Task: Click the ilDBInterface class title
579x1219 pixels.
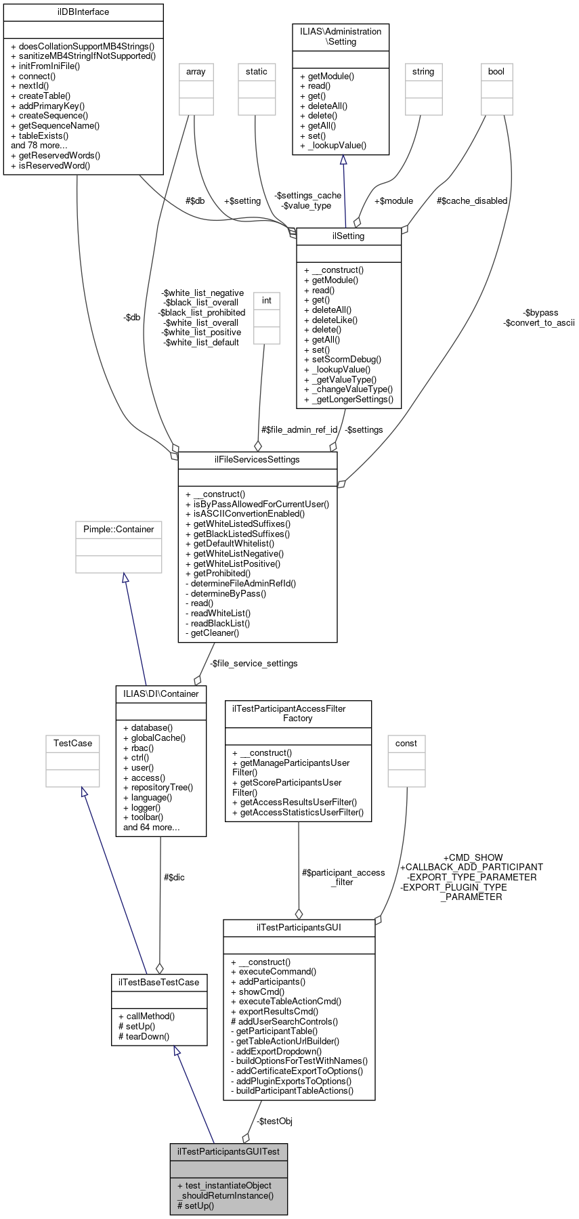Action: pos(83,12)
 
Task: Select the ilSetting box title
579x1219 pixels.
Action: pos(349,236)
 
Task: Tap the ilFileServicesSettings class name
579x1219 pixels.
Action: pos(257,460)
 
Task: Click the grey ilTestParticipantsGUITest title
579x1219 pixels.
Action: pos(228,1152)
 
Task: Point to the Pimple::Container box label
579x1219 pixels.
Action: pos(119,530)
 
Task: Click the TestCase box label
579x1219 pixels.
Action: pos(72,744)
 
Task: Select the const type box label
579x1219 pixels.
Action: pos(406,744)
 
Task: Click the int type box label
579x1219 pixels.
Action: pos(267,301)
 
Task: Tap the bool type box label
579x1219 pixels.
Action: pos(496,72)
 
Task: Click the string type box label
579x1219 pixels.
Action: pos(423,72)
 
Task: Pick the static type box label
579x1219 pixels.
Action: pos(257,72)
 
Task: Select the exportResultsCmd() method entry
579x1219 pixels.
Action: pos(278,1011)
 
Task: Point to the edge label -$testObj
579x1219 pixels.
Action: pos(274,1121)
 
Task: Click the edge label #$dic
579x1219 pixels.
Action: pos(174,878)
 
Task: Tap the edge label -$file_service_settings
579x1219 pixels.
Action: pos(253,664)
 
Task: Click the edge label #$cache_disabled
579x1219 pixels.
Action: pos(472,201)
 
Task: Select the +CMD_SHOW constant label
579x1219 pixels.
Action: pos(473,857)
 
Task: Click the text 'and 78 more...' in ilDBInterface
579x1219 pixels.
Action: pos(39,146)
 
